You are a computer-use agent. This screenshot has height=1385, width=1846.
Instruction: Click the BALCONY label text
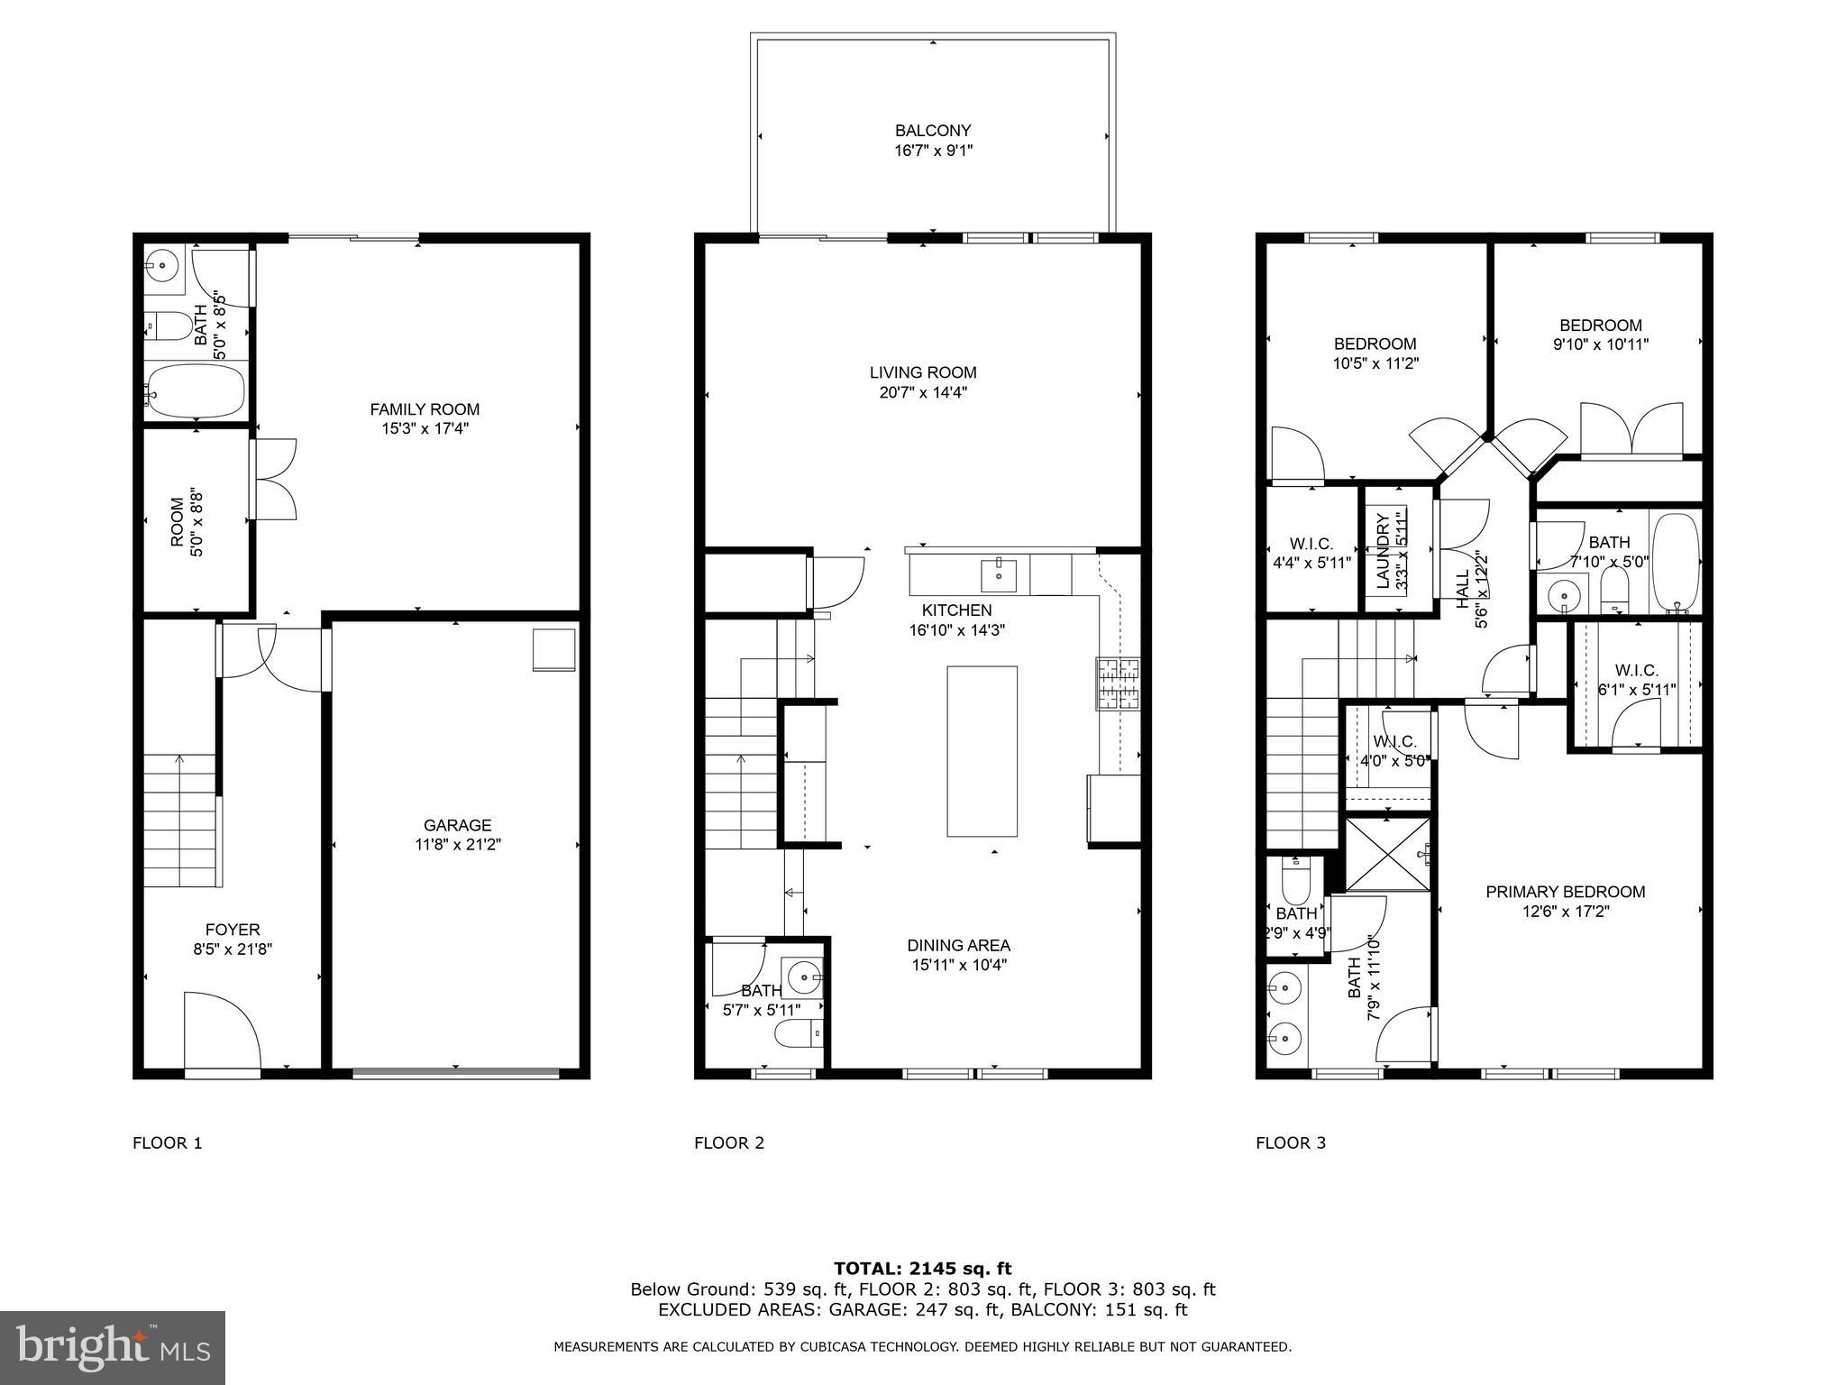(933, 131)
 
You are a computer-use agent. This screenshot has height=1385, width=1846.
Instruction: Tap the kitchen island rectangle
(982, 751)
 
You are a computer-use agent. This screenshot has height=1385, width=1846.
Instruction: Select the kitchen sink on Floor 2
(999, 573)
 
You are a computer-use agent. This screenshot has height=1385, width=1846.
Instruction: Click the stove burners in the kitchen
(1118, 683)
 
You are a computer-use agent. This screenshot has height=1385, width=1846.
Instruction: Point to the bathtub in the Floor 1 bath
(196, 391)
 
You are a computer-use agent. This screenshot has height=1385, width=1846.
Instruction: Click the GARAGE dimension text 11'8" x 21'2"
(458, 845)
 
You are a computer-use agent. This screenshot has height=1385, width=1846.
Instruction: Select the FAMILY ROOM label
(425, 409)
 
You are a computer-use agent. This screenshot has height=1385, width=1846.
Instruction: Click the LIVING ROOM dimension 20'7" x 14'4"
(923, 392)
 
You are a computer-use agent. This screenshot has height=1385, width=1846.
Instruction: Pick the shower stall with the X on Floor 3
(1386, 852)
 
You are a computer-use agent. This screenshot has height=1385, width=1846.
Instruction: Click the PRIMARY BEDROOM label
(1565, 892)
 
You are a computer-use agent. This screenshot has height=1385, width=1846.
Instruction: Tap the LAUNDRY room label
(1383, 551)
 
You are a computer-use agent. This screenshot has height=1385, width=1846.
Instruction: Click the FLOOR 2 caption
(728, 1143)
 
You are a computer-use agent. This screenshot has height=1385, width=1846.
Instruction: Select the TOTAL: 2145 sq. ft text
(922, 1270)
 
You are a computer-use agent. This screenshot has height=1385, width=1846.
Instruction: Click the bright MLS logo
(113, 1348)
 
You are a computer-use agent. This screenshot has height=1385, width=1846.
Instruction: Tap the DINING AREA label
(958, 945)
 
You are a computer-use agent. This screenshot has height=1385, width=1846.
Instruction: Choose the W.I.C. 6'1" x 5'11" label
(1636, 671)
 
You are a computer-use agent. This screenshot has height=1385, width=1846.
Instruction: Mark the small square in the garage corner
(553, 649)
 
